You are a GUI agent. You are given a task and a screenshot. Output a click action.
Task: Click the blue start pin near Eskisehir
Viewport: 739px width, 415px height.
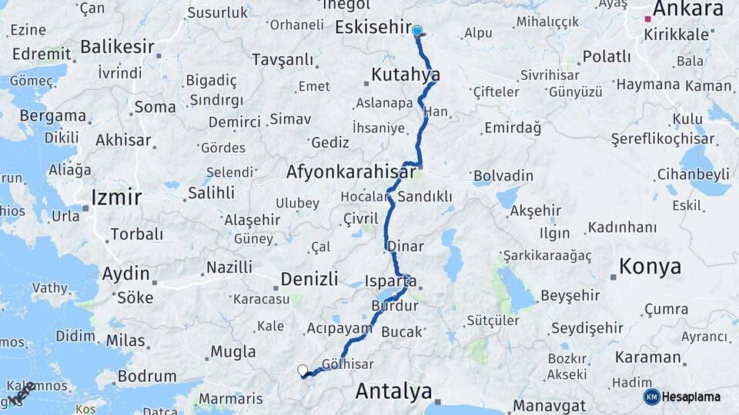pos(417,32)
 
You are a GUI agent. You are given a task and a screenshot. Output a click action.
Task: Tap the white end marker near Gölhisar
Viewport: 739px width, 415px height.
pos(303,370)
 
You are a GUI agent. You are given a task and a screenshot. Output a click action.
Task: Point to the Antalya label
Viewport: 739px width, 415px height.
pos(393,391)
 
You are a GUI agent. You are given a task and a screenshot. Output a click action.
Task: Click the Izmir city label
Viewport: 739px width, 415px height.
pos(116,198)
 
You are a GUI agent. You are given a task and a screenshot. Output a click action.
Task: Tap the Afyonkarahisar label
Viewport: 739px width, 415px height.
pos(350,172)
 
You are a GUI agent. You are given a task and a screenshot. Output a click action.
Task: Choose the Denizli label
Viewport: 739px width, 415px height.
pos(309,278)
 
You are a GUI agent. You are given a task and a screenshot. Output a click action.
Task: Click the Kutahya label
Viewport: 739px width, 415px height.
pos(406,75)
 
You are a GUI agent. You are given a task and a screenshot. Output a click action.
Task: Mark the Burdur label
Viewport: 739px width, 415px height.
pos(394,306)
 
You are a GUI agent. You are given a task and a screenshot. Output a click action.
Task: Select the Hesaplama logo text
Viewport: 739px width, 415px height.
pos(691,397)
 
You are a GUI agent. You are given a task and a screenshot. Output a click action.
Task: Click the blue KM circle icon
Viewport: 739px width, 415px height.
pos(651,397)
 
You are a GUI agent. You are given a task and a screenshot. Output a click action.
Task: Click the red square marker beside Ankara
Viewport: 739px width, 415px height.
pos(648,17)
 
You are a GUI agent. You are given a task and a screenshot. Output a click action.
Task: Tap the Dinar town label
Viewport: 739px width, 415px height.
pos(406,247)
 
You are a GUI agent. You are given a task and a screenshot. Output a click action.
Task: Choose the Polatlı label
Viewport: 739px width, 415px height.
pos(607,56)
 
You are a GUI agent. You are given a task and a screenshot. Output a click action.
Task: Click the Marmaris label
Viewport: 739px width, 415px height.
pos(231,399)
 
